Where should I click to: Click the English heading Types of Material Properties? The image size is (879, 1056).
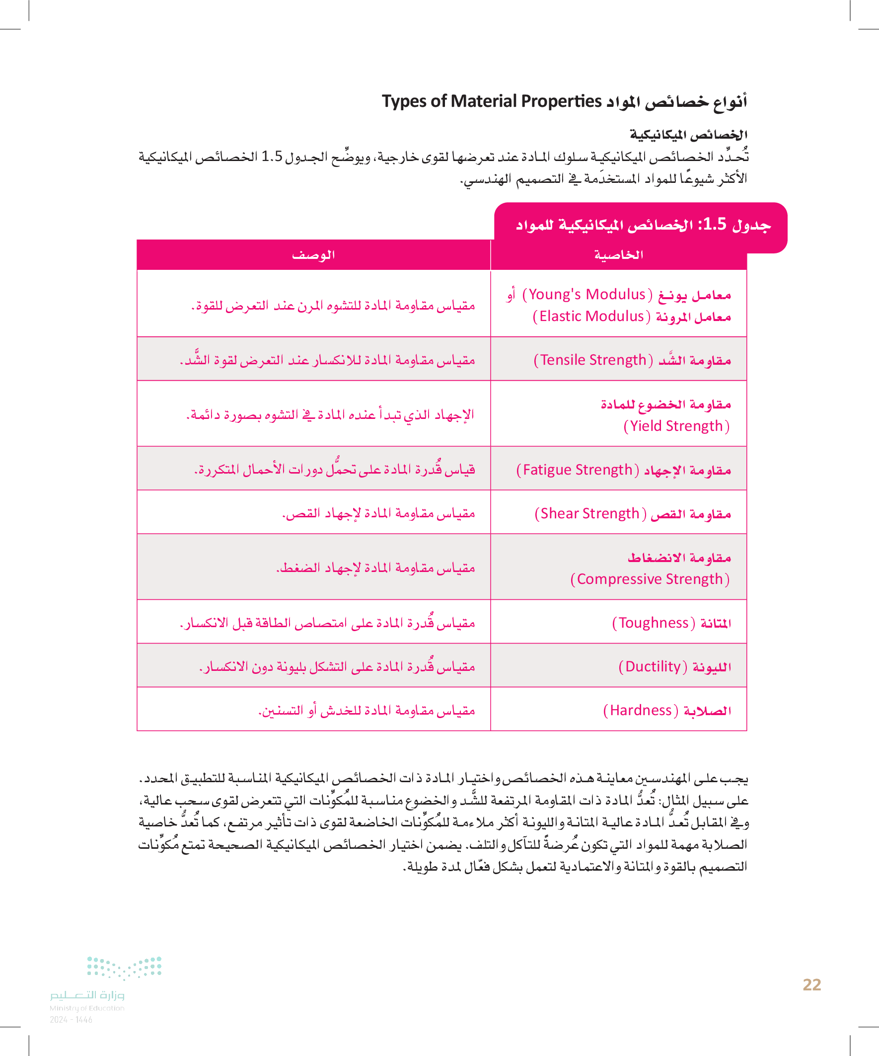(x=492, y=101)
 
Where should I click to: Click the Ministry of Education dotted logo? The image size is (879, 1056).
(x=124, y=968)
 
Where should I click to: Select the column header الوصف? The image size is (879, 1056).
(x=313, y=255)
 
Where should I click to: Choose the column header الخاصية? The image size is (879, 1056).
(x=618, y=255)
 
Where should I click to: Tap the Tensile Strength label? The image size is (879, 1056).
(x=593, y=360)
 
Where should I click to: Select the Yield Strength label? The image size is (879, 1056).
(x=676, y=426)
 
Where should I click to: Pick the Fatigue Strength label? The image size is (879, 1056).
(x=578, y=470)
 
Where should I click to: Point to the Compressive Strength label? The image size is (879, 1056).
(x=650, y=579)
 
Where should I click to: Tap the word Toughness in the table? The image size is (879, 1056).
(x=654, y=623)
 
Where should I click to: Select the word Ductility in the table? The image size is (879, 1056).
(x=653, y=666)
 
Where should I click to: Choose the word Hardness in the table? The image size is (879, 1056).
(x=641, y=710)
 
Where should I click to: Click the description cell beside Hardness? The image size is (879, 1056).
(x=366, y=710)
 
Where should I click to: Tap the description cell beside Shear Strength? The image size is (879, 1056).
(x=378, y=513)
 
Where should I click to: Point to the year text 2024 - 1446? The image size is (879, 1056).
(x=71, y=1020)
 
